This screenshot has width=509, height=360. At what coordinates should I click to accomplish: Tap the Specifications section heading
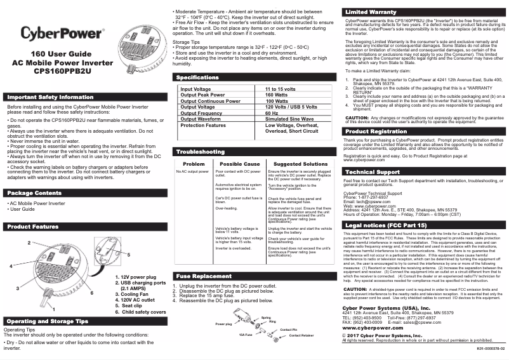point(198,77)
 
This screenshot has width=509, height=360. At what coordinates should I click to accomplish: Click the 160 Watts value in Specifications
point(277,95)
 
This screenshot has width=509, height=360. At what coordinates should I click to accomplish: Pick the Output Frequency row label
point(205,113)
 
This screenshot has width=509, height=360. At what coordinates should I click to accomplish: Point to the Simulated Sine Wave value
point(289,119)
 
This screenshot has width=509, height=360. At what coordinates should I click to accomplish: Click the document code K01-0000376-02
point(491,349)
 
